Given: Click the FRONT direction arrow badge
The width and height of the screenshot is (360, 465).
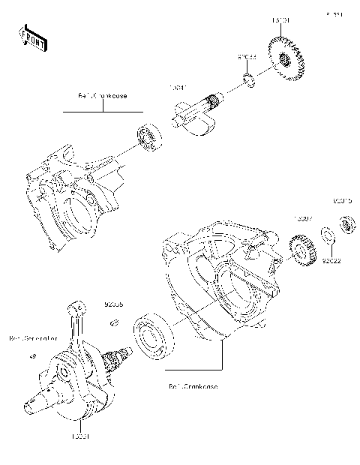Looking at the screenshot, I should click(33, 37).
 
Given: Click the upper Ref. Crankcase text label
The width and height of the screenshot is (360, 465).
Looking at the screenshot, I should click(103, 96).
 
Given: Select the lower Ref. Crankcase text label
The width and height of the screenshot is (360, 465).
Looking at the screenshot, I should click(193, 386).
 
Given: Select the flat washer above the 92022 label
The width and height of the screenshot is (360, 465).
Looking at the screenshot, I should click(328, 238).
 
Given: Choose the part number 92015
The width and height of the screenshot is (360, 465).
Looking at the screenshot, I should click(343, 201).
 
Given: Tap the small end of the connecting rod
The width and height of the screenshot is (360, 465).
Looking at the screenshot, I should click(75, 307).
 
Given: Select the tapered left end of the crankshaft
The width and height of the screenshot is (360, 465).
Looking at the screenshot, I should click(31, 407).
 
